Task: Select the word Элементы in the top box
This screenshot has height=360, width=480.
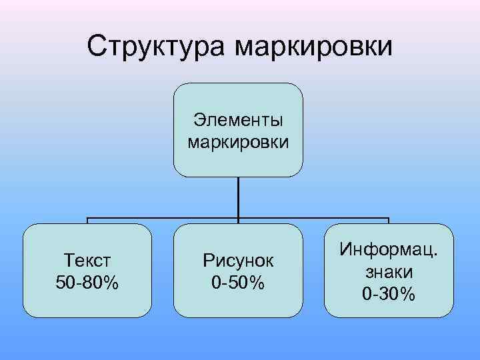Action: tap(238, 120)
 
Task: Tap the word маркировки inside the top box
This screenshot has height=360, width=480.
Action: tap(238, 141)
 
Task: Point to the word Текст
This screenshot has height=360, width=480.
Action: tap(87, 260)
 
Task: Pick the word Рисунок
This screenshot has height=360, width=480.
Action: tap(238, 260)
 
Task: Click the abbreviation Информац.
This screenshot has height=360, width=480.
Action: tap(389, 250)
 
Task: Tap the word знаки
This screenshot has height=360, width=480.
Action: tap(389, 271)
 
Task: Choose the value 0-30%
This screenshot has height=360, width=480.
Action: tap(389, 293)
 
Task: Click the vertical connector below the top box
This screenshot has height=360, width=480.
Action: tap(238, 197)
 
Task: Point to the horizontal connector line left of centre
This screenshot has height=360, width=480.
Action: tap(160, 218)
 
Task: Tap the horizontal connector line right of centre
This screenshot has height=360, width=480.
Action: tap(313, 218)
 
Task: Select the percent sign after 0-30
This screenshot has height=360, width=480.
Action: tap(407, 293)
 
